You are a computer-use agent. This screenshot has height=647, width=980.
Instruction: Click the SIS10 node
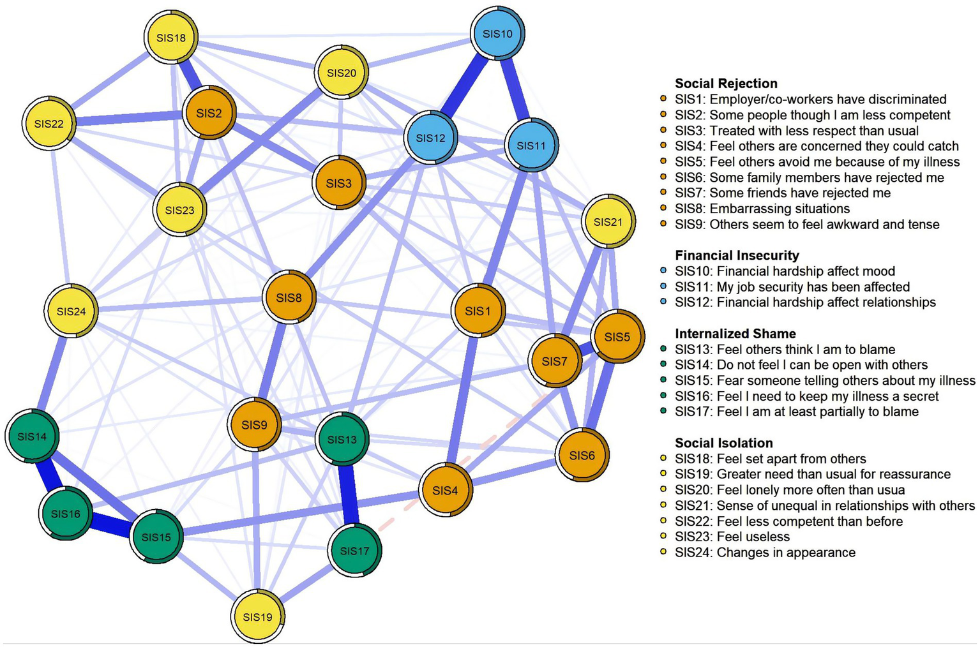point(497,34)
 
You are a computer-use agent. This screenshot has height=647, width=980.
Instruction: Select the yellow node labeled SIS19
point(257,617)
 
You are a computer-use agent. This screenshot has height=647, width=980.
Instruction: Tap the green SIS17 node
point(354,551)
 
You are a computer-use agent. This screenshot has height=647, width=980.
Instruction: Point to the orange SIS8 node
point(289,298)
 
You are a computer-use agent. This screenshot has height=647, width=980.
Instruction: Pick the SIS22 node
point(49,123)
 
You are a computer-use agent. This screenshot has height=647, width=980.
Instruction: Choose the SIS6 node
point(582,455)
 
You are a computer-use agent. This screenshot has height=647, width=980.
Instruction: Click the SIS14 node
point(32,436)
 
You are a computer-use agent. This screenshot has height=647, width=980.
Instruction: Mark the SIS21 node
point(608,222)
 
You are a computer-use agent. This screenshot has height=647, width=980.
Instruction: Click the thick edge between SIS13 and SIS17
point(349,495)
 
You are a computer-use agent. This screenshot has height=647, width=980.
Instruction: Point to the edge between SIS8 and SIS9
point(272,361)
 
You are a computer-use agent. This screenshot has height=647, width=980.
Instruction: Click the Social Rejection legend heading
point(726,84)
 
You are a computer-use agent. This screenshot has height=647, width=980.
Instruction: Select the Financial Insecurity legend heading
point(737,255)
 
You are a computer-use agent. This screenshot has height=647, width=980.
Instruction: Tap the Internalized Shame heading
point(735,334)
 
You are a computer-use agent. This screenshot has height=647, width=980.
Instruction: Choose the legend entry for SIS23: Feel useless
point(732,537)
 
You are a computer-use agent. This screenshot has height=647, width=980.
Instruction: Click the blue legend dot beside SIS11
point(664,287)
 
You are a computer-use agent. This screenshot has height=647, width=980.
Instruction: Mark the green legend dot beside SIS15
point(664,381)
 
